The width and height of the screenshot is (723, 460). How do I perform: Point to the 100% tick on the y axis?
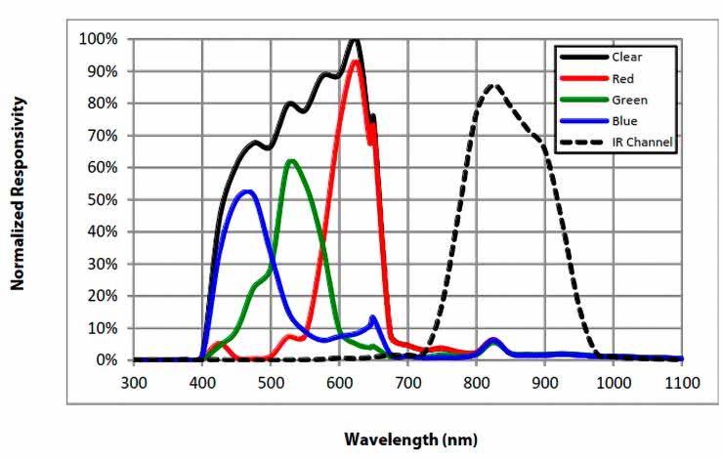pos(99,39)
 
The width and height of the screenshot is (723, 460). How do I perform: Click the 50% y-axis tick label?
pos(102,199)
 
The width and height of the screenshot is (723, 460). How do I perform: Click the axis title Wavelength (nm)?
pos(410,439)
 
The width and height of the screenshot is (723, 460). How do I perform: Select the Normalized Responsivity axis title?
pos(17,193)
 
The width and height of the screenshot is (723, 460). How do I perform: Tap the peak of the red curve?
pos(357,62)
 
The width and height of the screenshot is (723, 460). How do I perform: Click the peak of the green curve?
pos(291,161)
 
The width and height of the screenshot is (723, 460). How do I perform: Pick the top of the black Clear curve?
pos(355,40)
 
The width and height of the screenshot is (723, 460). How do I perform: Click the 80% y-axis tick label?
pos(102,104)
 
